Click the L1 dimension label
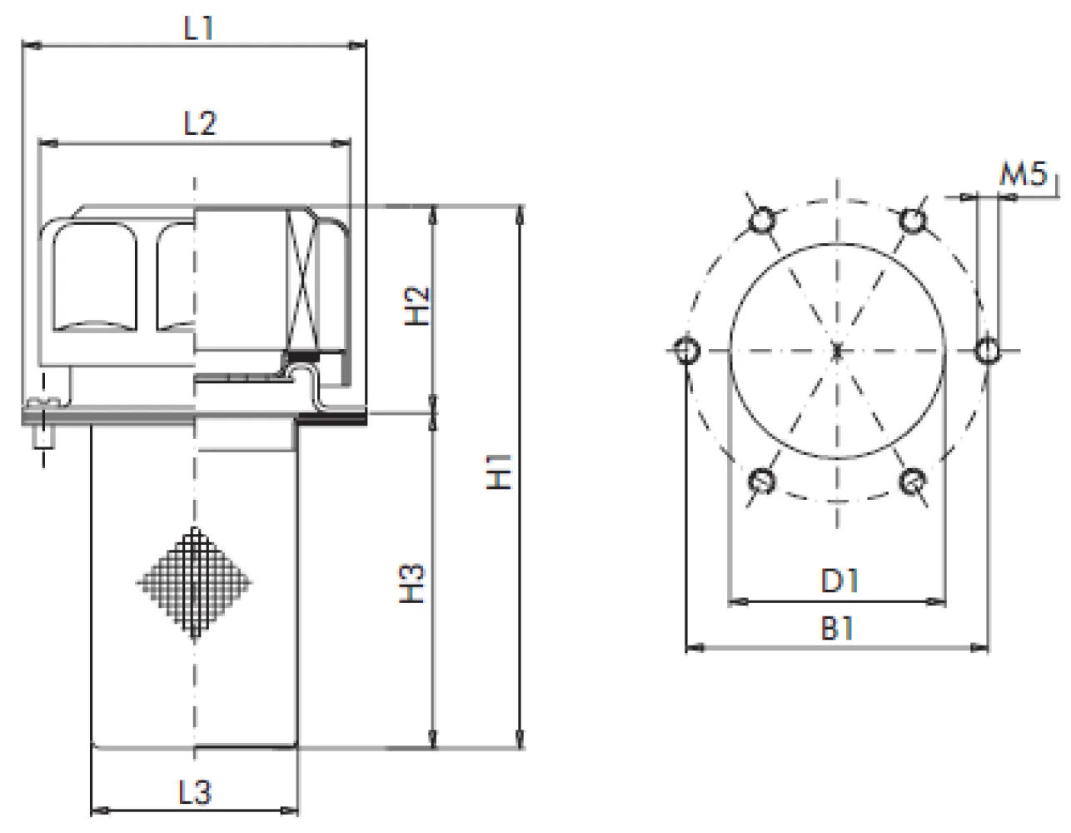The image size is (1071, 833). (x=198, y=28)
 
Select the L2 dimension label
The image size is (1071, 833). (x=200, y=123)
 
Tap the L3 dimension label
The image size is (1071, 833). (x=195, y=792)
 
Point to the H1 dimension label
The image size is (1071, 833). (x=500, y=471)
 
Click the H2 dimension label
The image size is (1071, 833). (x=417, y=306)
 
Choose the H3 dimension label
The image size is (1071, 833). (x=411, y=584)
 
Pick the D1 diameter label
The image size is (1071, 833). (x=839, y=581)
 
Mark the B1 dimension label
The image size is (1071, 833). (x=836, y=628)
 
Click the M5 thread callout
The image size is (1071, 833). (x=1024, y=173)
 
